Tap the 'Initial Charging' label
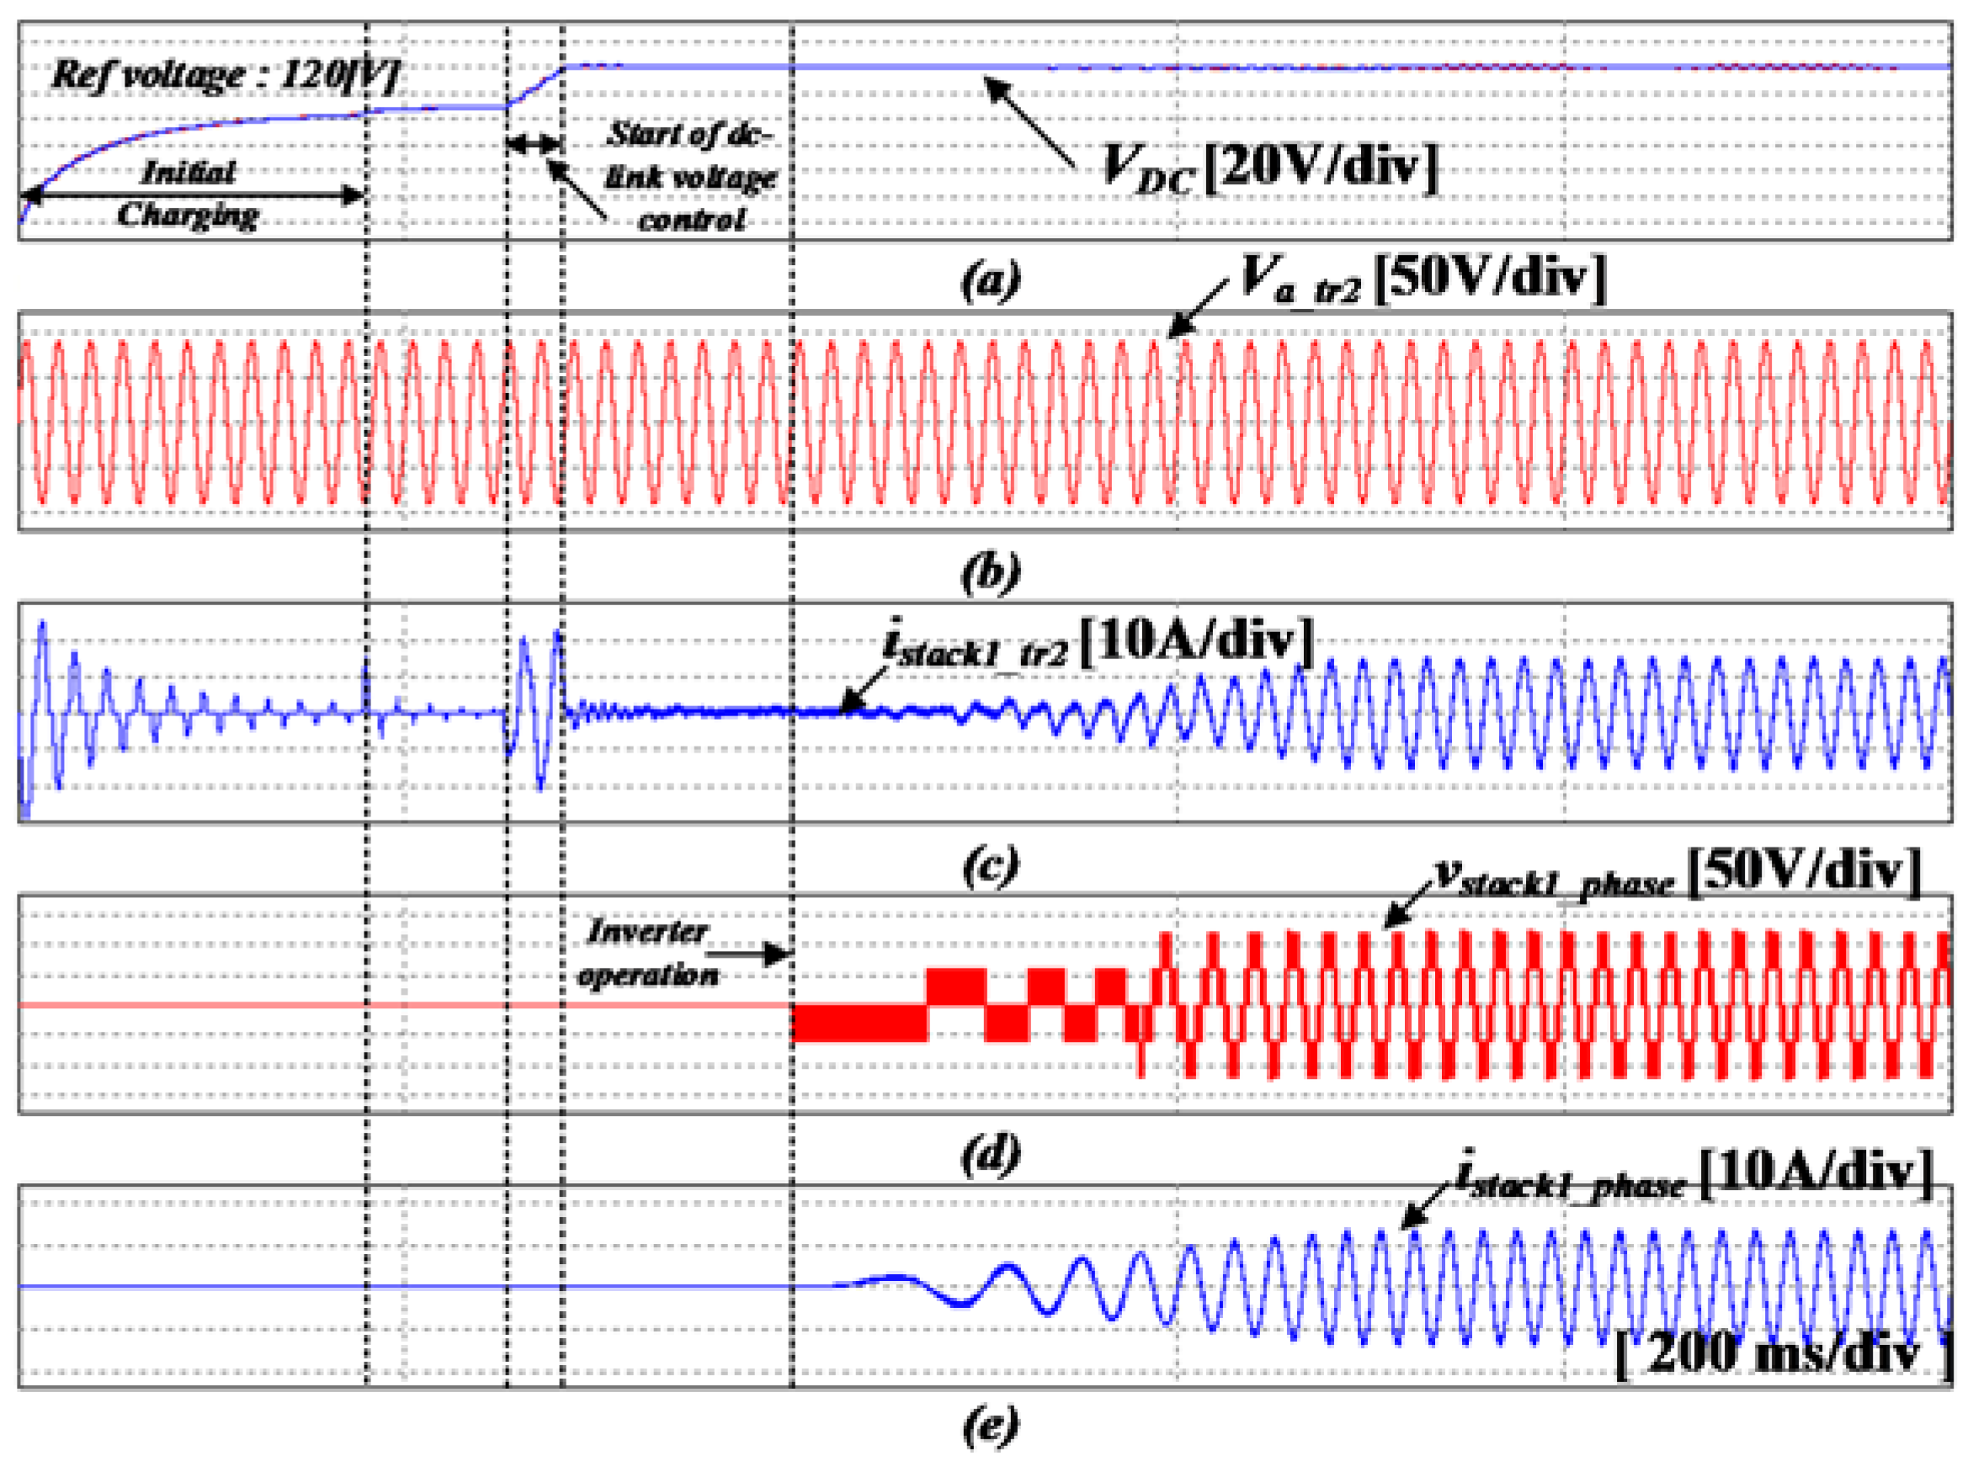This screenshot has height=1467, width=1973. pos(188,193)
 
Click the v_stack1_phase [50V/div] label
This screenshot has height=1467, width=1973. pos(1678,873)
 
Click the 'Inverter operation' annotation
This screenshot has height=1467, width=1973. pos(647,953)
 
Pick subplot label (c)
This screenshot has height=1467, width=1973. pos(991,864)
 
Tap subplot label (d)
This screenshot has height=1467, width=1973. pos(991,1155)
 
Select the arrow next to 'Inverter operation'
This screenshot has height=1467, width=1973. pos(750,954)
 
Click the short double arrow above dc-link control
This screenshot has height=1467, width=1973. pos(534,143)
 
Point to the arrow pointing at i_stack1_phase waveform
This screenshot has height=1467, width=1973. pos(1428,1205)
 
